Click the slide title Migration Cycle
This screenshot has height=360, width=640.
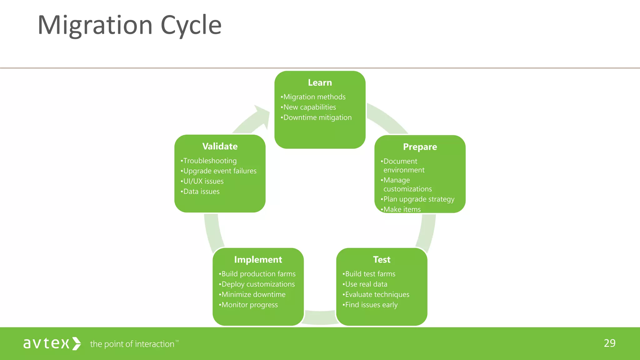tap(129, 25)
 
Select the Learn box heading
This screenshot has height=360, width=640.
tap(320, 82)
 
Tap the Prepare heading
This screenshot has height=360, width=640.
tap(420, 147)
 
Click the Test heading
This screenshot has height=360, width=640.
tap(382, 259)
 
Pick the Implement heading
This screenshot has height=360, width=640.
tap(258, 259)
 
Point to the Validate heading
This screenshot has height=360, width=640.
tap(220, 146)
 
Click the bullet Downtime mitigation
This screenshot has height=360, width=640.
tap(317, 117)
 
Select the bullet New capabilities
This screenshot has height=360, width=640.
tap(309, 107)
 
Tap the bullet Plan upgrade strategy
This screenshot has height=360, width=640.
tap(418, 199)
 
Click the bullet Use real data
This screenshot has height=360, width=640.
tap(366, 284)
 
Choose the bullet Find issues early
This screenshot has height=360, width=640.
tap(371, 305)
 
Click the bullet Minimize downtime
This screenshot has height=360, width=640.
tap(253, 294)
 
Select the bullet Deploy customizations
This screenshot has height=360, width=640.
tap(257, 284)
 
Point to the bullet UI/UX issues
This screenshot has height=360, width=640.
tap(203, 181)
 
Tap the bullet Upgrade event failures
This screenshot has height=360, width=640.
tap(219, 171)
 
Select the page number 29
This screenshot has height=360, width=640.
tap(609, 343)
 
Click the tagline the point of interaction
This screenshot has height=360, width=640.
tap(132, 344)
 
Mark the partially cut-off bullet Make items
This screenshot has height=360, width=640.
tap(402, 209)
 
